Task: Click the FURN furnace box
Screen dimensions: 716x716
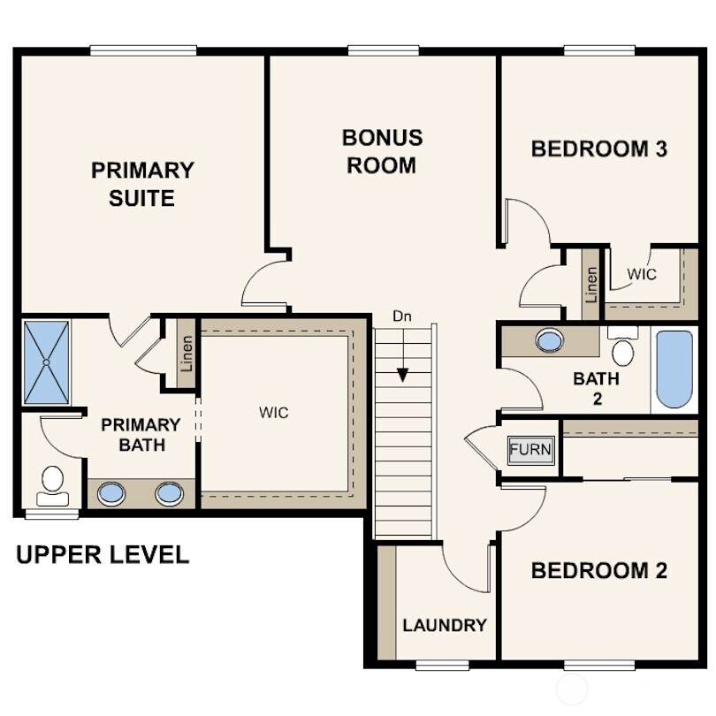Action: (530, 449)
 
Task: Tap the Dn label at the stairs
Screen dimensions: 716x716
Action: (402, 316)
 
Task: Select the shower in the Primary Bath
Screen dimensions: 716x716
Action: (45, 362)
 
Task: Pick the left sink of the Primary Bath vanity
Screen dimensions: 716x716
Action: (111, 492)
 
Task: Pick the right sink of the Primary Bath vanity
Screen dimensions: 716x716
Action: (169, 492)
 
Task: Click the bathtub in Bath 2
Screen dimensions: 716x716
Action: (674, 369)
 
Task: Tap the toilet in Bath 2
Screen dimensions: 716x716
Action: (623, 348)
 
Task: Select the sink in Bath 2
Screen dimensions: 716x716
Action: (550, 340)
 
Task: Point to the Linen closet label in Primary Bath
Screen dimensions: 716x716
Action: (187, 353)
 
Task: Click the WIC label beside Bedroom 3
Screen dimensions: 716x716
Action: (642, 274)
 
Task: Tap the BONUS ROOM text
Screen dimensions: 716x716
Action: (382, 151)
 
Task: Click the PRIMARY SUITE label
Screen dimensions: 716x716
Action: (142, 184)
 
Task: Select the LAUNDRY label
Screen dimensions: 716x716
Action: (445, 625)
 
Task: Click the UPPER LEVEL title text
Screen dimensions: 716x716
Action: (103, 555)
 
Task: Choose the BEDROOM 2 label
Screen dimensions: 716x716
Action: (598, 571)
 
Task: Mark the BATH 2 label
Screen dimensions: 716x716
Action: (596, 388)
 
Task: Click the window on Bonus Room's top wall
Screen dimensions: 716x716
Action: (382, 50)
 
